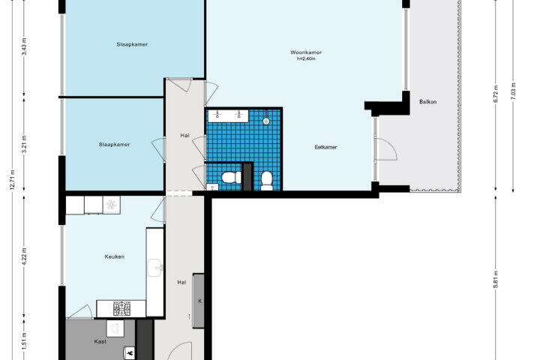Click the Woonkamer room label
(306, 52)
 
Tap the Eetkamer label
(325, 147)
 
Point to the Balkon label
(427, 102)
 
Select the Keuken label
(114, 256)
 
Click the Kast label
(100, 342)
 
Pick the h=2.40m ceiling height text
(306, 58)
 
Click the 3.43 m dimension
(24, 46)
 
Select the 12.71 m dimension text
(13, 180)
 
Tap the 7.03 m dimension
(513, 91)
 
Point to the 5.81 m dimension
(496, 279)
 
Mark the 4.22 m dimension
(24, 256)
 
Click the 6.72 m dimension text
(496, 94)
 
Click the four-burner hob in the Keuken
(122, 308)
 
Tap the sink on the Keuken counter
(155, 268)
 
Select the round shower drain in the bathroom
(265, 121)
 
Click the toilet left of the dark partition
(232, 178)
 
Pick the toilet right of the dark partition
(267, 181)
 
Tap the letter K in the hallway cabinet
(199, 301)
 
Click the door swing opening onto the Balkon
(386, 149)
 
